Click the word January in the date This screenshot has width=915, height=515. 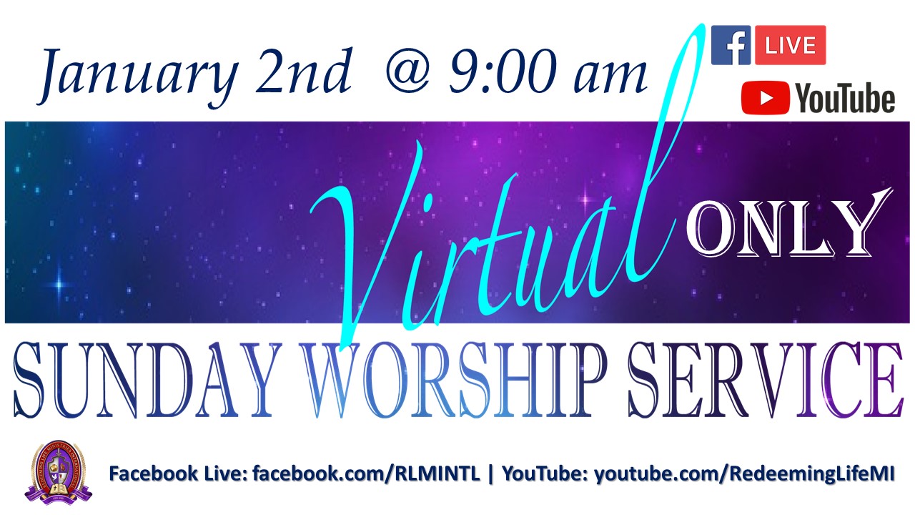tap(138, 78)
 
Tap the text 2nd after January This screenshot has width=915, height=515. tap(304, 70)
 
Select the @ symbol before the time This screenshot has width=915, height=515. tap(408, 72)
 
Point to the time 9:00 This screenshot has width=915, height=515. tap(503, 70)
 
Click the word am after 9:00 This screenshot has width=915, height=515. tap(610, 77)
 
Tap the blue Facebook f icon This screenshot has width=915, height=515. tap(731, 45)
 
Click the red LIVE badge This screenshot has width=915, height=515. tap(790, 45)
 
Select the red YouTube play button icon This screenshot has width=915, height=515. tap(765, 98)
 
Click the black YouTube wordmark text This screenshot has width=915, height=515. tap(844, 98)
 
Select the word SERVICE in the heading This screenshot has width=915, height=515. tap(765, 380)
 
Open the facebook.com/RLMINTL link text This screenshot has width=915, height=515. tap(366, 474)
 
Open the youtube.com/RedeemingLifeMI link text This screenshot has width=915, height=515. tap(744, 474)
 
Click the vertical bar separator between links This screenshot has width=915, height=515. tap(491, 474)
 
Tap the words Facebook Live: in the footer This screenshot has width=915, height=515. tap(178, 474)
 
